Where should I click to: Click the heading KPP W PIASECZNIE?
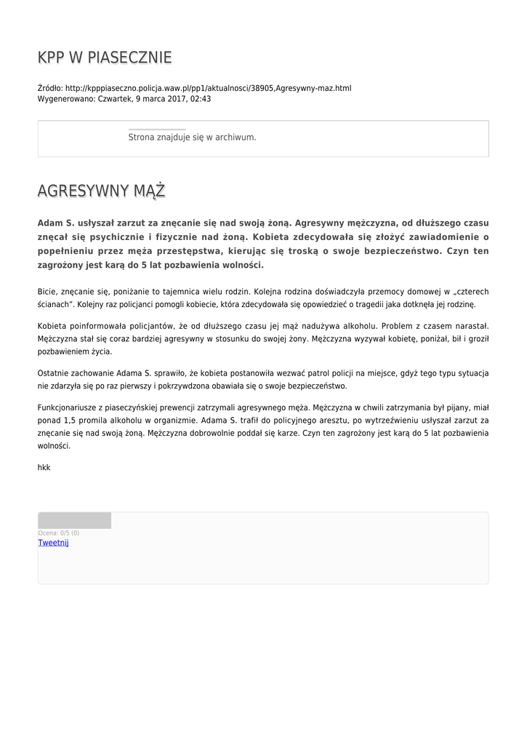click(105, 57)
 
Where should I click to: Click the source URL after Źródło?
click(208, 88)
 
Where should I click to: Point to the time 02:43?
click(201, 99)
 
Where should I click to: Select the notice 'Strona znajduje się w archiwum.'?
click(192, 137)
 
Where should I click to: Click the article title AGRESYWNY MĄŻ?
click(101, 191)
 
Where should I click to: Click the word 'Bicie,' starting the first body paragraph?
click(48, 291)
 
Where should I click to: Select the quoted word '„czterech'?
click(470, 291)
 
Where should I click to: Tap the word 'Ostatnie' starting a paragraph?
click(53, 373)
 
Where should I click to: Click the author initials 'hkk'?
click(44, 468)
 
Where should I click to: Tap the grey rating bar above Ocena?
click(74, 520)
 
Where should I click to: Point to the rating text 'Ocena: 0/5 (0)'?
click(59, 533)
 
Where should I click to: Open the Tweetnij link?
click(53, 543)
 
